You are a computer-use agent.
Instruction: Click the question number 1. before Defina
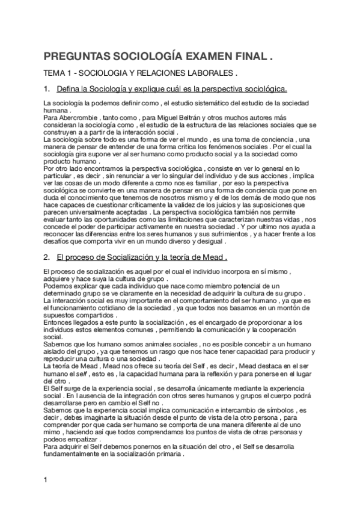pyautogui.click(x=47, y=89)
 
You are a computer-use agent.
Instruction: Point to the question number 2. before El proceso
pyautogui.click(x=47, y=257)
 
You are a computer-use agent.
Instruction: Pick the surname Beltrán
pyautogui.click(x=166, y=118)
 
